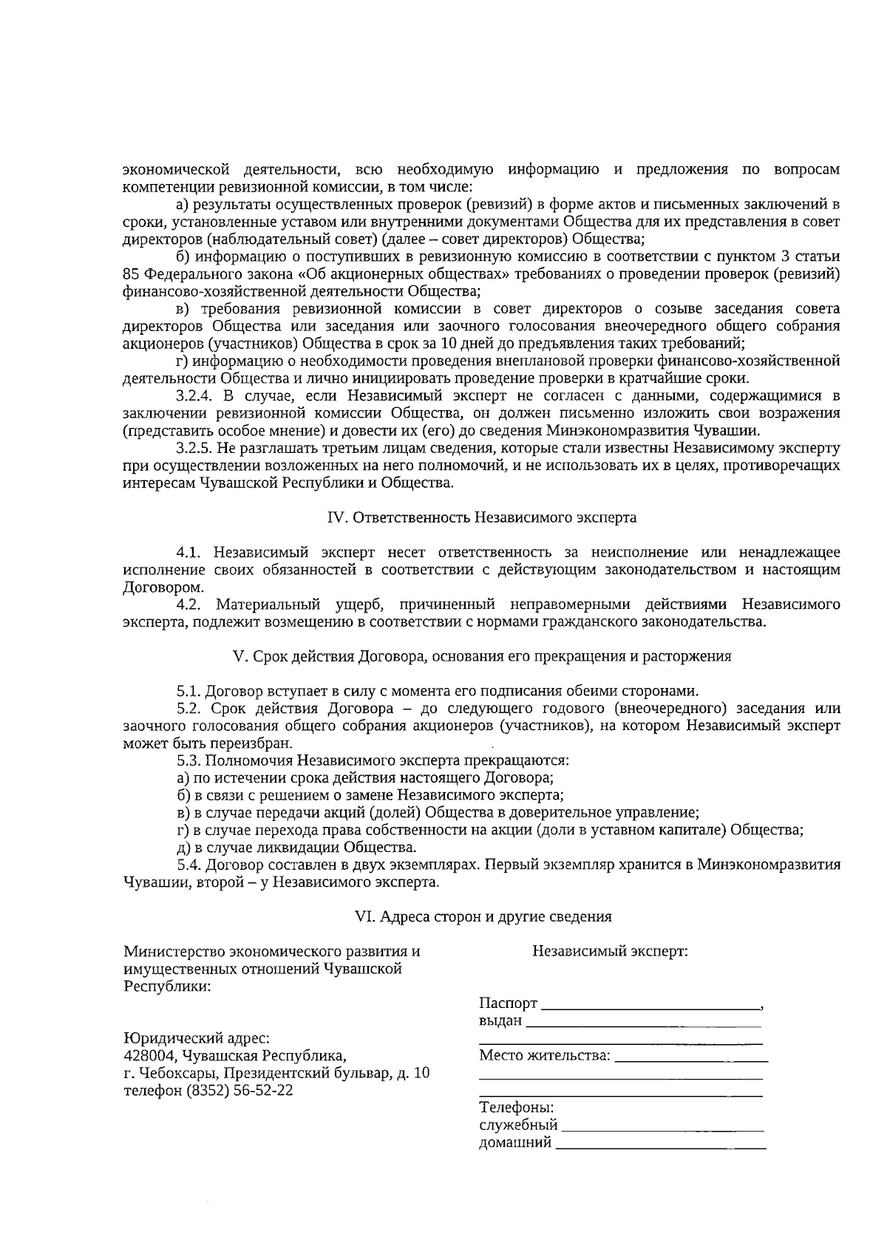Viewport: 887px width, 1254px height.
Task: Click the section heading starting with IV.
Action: coord(481,518)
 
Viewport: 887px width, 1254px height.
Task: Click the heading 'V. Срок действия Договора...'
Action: coord(481,656)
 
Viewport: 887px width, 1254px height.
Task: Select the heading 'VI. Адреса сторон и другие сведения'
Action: coord(483,916)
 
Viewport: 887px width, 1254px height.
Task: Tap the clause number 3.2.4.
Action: coord(194,395)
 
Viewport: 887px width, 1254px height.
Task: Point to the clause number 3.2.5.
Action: coord(194,448)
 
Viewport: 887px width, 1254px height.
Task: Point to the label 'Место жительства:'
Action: coord(545,1054)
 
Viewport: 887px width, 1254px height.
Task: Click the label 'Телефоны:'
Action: coord(517,1108)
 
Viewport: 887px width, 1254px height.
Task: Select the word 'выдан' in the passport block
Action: coord(500,1021)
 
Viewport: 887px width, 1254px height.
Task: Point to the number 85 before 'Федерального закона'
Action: coord(130,274)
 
